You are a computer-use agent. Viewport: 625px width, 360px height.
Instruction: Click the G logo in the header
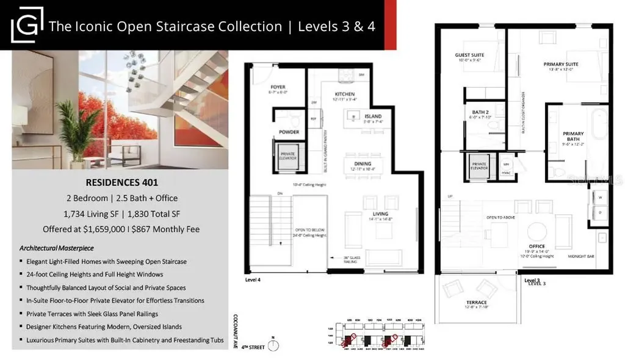click(x=26, y=24)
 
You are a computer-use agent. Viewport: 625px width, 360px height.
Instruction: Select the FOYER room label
click(x=277, y=87)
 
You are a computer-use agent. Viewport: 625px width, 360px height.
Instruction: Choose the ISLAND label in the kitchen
click(x=373, y=116)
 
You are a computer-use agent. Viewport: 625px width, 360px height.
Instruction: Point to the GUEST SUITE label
click(x=469, y=56)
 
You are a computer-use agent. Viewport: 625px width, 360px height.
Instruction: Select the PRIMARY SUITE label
click(x=561, y=63)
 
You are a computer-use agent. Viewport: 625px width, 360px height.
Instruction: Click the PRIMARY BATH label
click(x=573, y=137)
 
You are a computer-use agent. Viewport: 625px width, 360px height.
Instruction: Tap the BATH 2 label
click(x=479, y=112)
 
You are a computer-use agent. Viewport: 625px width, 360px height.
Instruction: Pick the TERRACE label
click(x=475, y=303)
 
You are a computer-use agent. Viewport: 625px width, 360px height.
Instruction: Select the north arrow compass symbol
click(x=277, y=345)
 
